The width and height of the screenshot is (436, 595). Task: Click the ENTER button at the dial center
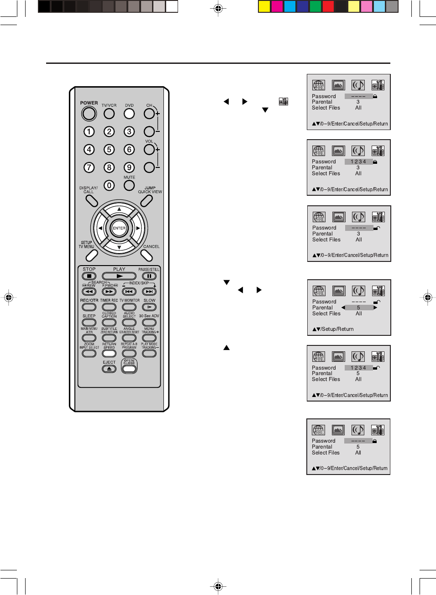119,228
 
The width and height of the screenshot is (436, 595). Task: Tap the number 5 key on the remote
109,149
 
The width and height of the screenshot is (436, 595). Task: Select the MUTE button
129,185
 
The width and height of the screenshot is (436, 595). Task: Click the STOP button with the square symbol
89,276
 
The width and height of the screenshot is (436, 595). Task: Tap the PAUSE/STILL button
149,276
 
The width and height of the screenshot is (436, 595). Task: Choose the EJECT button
109,369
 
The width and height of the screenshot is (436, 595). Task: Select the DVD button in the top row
129,113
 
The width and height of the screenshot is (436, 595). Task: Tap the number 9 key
129,167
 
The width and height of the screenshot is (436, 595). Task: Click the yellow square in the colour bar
264,6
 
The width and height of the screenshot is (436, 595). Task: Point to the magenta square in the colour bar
277,6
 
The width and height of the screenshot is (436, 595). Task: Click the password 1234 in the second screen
358,162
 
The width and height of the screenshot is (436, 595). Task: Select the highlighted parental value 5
359,308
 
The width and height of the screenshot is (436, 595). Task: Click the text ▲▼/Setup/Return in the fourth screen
333,329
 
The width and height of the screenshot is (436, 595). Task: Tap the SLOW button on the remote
149,307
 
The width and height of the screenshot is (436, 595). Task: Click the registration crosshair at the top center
218,9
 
